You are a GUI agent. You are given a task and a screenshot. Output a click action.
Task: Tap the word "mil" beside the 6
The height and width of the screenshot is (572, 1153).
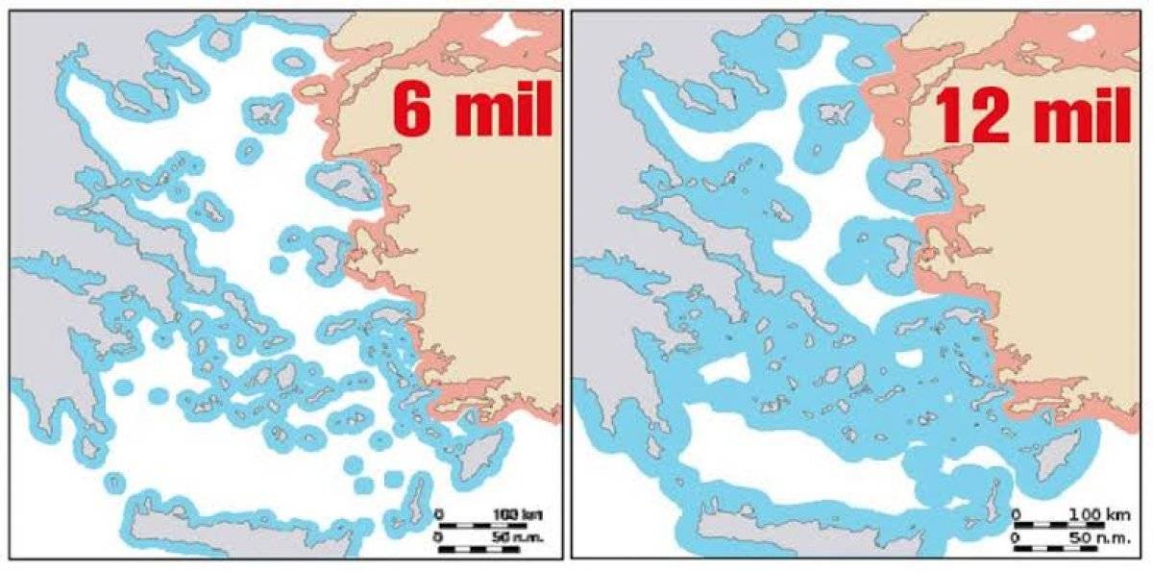click(x=496, y=113)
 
